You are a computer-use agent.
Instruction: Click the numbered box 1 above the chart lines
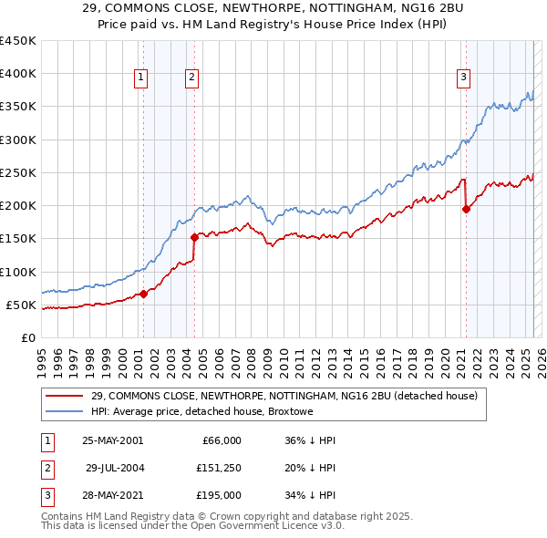point(142,79)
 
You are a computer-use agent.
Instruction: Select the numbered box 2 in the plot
point(192,79)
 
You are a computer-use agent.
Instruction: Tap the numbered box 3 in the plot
point(463,78)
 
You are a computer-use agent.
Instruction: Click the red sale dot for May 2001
point(143,294)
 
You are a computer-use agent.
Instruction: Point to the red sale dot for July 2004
point(194,237)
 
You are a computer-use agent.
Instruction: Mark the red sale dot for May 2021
point(466,209)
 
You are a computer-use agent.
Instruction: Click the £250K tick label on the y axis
point(17,172)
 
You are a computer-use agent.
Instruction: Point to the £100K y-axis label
point(17,272)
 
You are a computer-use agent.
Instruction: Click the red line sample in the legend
point(65,396)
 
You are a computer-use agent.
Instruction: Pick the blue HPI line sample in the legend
point(65,412)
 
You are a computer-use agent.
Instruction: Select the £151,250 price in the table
point(219,468)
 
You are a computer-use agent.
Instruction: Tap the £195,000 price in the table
point(219,495)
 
